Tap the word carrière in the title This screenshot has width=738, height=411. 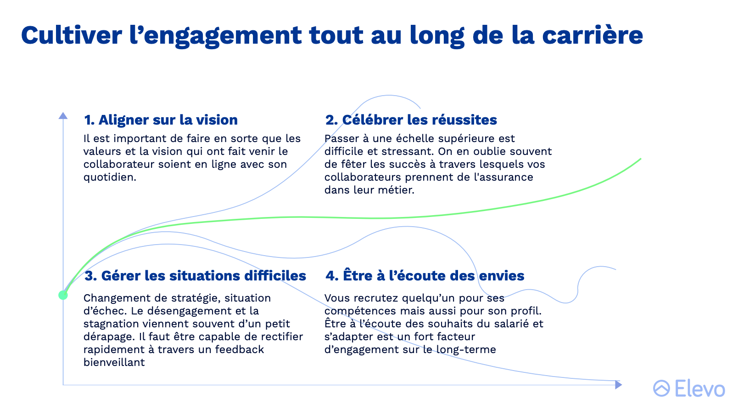click(593, 35)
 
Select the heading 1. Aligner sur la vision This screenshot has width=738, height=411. click(161, 120)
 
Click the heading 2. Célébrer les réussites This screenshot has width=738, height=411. click(411, 120)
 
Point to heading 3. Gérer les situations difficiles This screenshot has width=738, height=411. click(195, 276)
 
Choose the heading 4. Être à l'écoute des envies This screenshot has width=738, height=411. click(425, 275)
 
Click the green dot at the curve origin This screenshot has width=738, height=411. click(63, 295)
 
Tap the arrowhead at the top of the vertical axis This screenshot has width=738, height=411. click(63, 115)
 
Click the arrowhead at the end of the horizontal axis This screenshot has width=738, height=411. click(618, 385)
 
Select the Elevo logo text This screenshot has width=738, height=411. click(700, 388)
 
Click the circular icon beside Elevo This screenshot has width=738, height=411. click(661, 388)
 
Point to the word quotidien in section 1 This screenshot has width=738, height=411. click(110, 177)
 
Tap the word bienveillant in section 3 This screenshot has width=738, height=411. click(114, 362)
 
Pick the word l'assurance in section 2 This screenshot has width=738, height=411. click(503, 177)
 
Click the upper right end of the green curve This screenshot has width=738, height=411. click(641, 159)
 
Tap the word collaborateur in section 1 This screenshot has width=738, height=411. click(119, 165)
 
